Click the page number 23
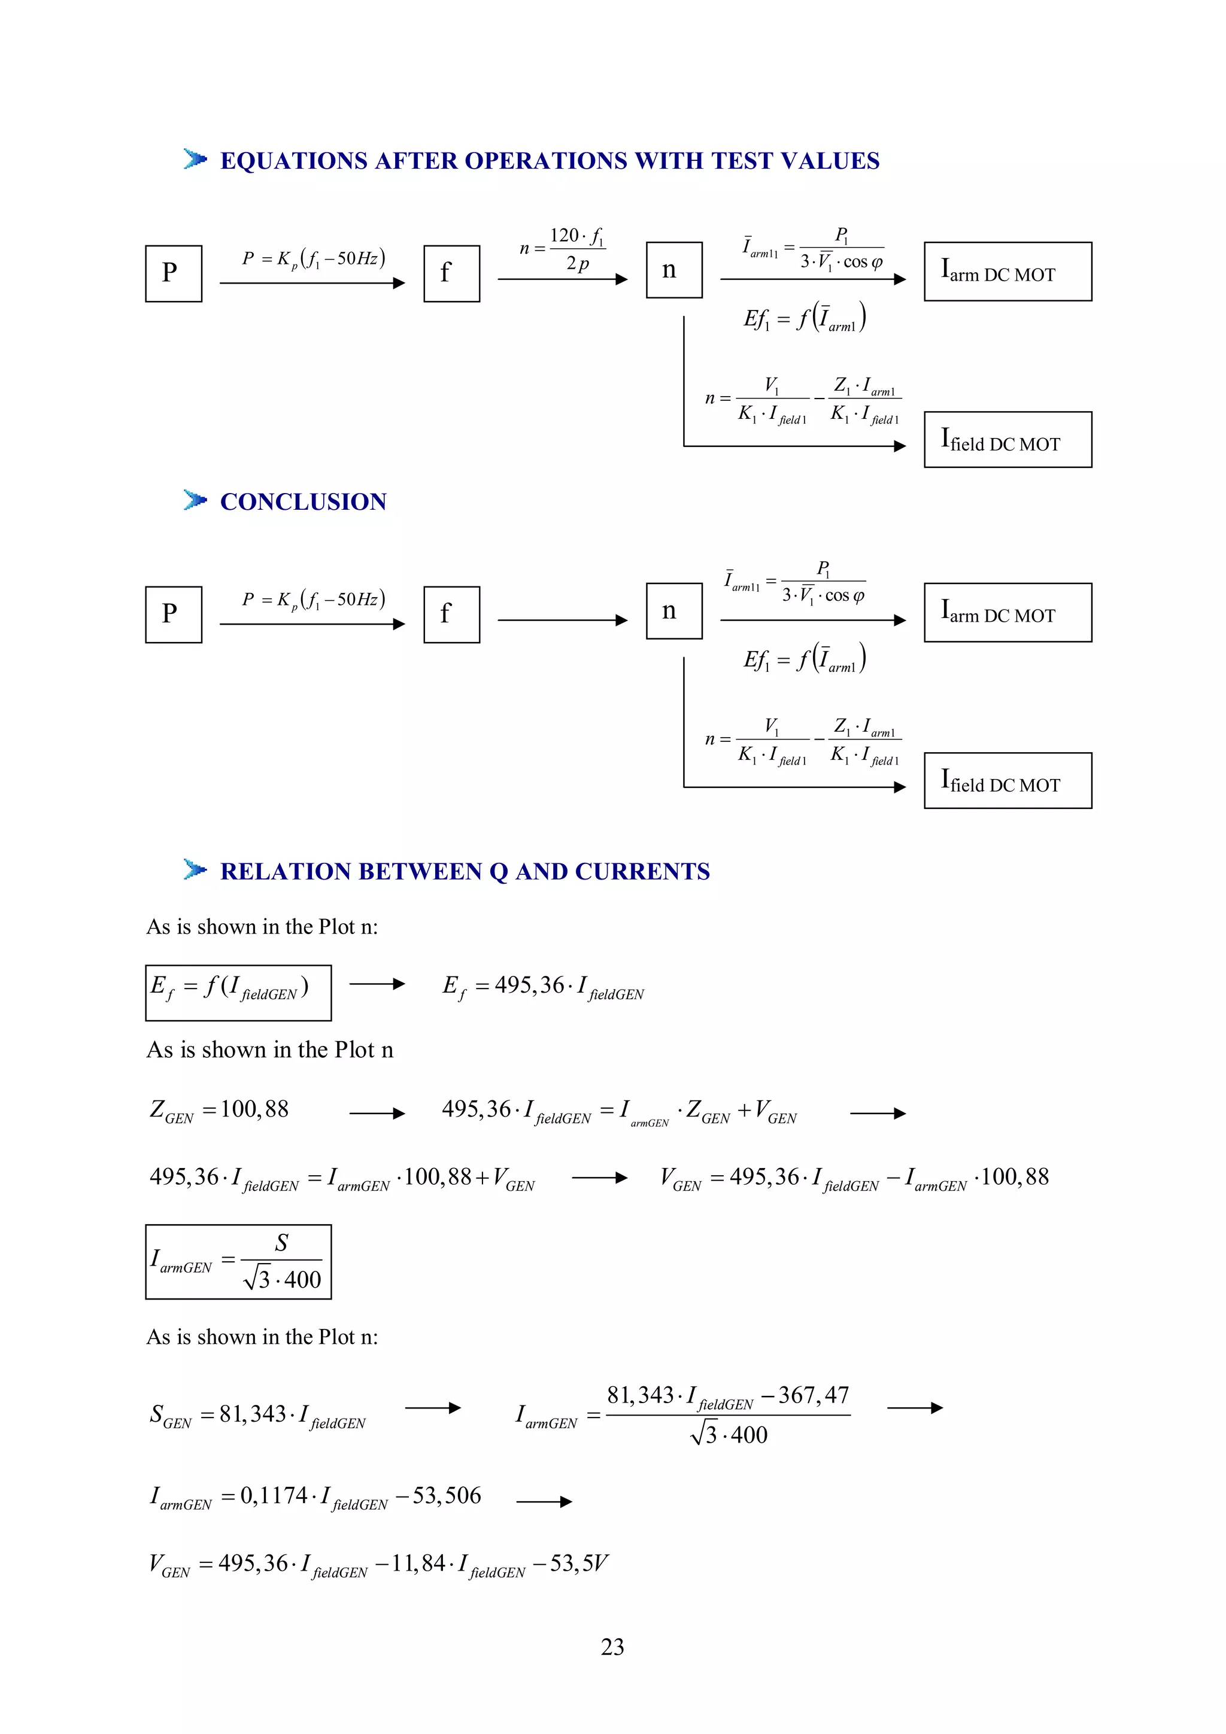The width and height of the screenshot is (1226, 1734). tap(612, 1647)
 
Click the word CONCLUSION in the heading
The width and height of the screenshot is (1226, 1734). tap(303, 501)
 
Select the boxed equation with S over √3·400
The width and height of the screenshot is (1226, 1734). tap(238, 1261)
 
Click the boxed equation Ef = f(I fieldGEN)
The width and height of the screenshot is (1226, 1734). tap(238, 993)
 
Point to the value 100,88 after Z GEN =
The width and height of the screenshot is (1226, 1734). tap(254, 1109)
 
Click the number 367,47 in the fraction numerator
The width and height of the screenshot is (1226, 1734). tap(814, 1395)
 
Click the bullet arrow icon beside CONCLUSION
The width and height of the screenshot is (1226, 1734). tap(195, 500)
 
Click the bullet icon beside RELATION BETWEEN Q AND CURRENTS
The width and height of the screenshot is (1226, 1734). tap(195, 870)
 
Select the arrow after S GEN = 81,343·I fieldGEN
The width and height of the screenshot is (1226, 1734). tap(433, 1408)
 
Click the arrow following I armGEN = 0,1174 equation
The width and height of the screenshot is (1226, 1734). tap(544, 1501)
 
